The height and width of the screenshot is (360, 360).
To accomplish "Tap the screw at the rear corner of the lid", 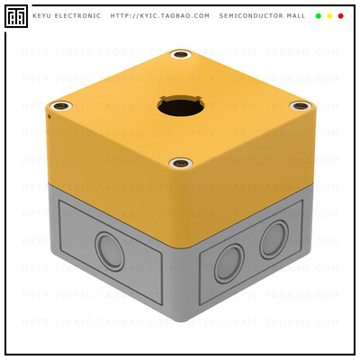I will pos(181,56).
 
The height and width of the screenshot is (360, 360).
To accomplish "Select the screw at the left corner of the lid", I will pos(59,106).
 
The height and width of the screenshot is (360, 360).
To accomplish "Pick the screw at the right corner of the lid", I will pos(298,106).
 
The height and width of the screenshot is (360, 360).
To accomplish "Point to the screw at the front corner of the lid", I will pos(179,164).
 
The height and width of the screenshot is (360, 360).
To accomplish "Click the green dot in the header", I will pos(319,15).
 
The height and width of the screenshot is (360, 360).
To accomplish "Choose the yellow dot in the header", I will pos(329,15).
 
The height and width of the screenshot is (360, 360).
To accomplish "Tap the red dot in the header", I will pos(340,15).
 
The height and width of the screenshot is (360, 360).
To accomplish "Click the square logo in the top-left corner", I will pos(15,15).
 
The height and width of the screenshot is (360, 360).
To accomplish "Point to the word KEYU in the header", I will pos(42,15).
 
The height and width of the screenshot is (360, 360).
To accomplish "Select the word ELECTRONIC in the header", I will pos(79,15).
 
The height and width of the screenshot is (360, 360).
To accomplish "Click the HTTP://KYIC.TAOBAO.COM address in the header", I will pos(160,15).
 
